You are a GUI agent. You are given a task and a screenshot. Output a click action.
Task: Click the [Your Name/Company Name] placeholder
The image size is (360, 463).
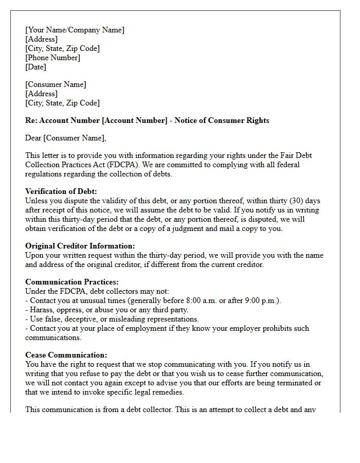click(x=75, y=30)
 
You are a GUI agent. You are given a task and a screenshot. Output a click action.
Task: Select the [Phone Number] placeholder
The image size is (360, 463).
click(x=52, y=58)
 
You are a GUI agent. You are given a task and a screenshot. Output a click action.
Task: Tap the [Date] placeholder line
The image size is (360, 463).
click(x=35, y=67)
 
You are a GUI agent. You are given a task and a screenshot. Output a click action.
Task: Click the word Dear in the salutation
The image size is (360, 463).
click(x=33, y=138)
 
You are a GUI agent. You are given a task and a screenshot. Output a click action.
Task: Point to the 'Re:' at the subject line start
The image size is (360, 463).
click(x=31, y=120)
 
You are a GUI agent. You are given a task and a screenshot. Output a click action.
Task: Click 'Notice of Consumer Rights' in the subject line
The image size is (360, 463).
click(x=222, y=120)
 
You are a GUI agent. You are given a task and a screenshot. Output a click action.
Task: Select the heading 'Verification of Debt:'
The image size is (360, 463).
click(x=61, y=191)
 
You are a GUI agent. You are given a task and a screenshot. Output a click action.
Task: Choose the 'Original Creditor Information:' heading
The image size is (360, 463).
click(x=80, y=246)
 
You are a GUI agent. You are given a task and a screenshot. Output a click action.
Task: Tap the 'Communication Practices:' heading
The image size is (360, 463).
click(x=71, y=282)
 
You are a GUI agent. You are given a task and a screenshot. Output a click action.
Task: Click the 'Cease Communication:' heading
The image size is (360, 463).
click(x=66, y=355)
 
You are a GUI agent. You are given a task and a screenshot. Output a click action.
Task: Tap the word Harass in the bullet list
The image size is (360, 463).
click(x=42, y=310)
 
